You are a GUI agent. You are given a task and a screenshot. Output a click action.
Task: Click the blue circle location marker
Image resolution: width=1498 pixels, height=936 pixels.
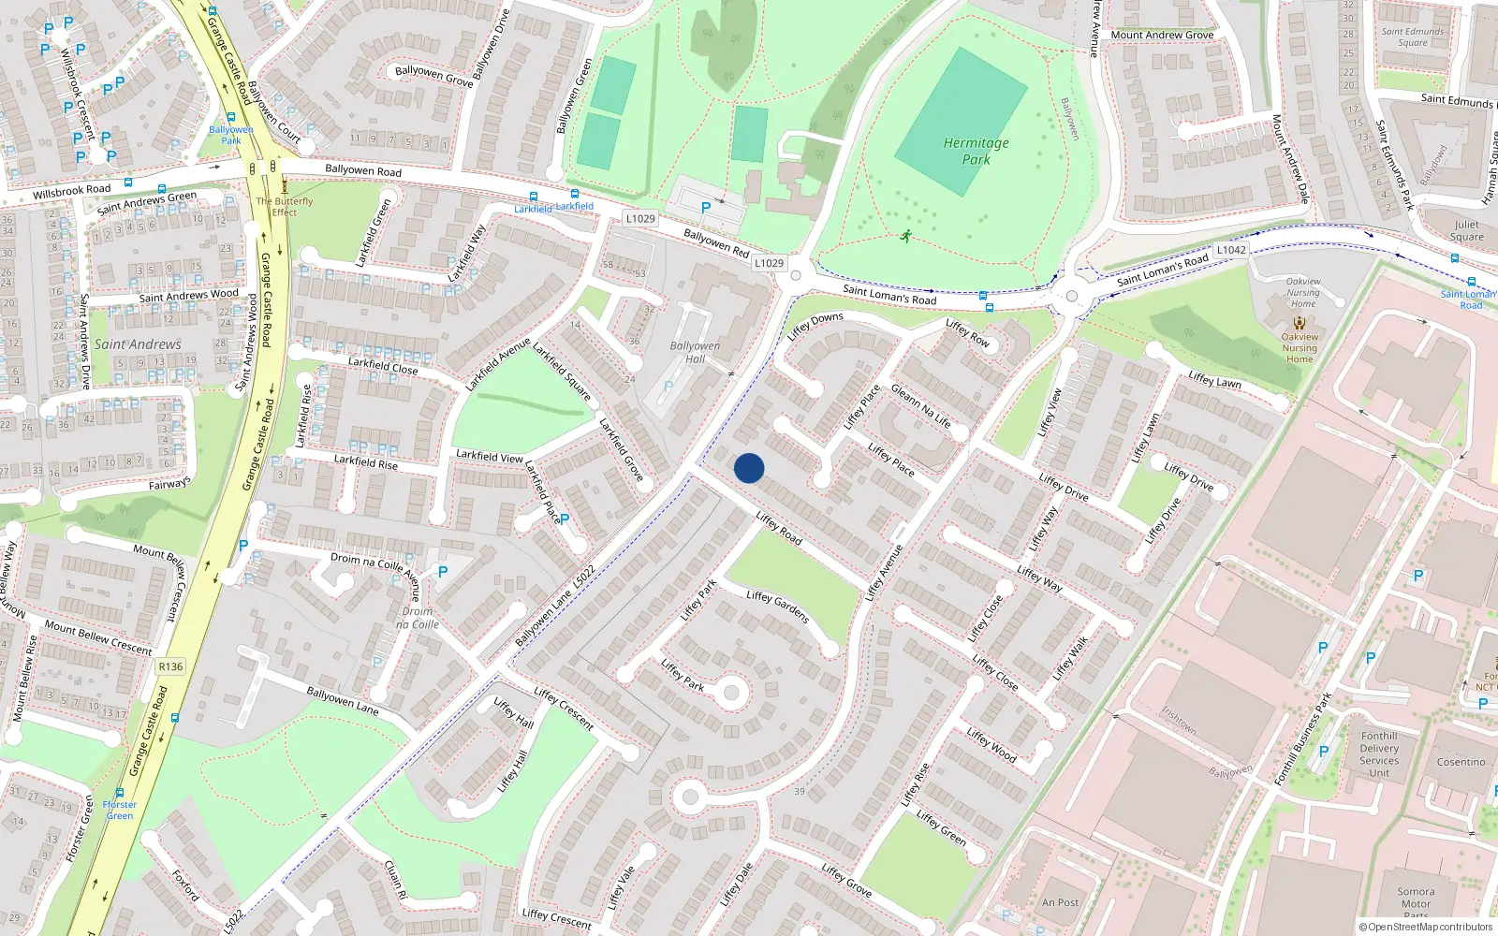[x=749, y=468]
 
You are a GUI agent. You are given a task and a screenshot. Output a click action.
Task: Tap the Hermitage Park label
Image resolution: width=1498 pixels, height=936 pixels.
[x=976, y=151]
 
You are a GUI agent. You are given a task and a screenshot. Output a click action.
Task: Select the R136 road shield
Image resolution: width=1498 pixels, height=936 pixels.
[x=170, y=666]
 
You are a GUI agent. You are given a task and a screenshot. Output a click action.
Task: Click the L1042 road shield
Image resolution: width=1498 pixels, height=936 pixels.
[x=1231, y=250]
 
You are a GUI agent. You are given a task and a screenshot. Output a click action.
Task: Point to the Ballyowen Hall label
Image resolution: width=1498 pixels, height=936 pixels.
[x=695, y=352]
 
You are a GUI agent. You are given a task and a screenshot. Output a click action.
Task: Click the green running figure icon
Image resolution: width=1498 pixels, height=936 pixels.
[x=905, y=236]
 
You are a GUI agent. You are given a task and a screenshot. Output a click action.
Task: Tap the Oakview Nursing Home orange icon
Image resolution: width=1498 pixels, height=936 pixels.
[x=1299, y=323]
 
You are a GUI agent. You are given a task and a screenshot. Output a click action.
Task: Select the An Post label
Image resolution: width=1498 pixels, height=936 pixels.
[x=1060, y=902]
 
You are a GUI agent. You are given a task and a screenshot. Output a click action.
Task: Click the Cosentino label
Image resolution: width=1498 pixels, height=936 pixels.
[x=1461, y=762]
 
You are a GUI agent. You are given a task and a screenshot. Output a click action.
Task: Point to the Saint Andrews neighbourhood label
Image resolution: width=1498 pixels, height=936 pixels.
[x=138, y=344]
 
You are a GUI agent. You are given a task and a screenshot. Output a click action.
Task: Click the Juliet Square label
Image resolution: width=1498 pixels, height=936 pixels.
[x=1466, y=230]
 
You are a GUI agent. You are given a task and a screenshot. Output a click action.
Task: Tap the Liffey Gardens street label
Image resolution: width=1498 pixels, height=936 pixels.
[x=778, y=607]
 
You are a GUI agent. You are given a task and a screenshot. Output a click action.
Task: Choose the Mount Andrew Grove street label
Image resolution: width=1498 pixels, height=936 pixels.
[x=1162, y=36]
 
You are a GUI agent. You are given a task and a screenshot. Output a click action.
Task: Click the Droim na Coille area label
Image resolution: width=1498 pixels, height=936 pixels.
[x=418, y=618]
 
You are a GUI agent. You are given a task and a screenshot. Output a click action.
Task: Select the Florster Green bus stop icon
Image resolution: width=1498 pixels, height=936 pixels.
[x=120, y=792]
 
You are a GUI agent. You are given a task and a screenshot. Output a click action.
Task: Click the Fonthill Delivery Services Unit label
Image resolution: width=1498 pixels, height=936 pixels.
[x=1379, y=754]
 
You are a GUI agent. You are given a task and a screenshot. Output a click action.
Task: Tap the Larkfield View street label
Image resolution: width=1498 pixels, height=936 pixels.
[x=489, y=456]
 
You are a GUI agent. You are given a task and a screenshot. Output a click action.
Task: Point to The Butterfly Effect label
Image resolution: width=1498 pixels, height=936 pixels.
[x=285, y=207]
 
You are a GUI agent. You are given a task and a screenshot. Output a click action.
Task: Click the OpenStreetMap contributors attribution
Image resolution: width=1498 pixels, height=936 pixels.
[x=1426, y=928]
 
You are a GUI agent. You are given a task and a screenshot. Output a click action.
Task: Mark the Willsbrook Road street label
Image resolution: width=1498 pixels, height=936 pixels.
[x=71, y=191]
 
